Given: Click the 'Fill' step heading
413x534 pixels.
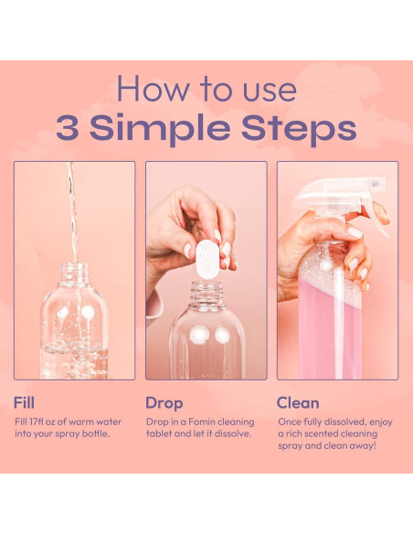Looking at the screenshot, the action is [x=24, y=402].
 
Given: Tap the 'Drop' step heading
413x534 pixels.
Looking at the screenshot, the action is [x=164, y=403].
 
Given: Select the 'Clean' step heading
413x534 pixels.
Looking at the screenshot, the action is [x=298, y=403].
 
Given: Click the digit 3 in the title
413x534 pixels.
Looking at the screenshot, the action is [x=68, y=127].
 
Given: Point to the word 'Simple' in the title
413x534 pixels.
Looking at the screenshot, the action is [x=160, y=129].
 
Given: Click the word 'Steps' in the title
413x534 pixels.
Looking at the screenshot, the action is [x=299, y=129].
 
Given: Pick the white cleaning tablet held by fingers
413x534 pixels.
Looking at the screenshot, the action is [x=206, y=259].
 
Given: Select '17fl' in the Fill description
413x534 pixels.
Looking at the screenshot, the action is [x=37, y=422].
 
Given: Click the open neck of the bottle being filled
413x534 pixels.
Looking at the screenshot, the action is [x=74, y=273].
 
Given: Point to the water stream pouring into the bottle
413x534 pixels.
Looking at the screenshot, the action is [x=72, y=212].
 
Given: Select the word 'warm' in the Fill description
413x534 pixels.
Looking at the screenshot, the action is [x=81, y=422].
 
